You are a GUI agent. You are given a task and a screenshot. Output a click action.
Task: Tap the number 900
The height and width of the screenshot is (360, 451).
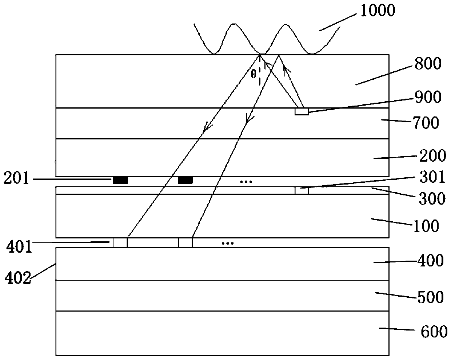(x=429, y=97)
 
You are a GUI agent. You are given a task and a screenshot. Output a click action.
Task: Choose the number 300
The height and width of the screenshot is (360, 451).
(x=432, y=198)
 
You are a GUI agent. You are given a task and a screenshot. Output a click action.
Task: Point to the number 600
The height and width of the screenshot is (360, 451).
(x=433, y=332)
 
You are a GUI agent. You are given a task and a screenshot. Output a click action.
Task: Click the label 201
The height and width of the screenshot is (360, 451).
(x=16, y=179)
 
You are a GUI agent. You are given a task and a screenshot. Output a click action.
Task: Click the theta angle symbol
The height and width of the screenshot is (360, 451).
(x=254, y=74)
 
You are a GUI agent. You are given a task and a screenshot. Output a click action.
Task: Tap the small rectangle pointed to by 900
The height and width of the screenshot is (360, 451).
(x=302, y=112)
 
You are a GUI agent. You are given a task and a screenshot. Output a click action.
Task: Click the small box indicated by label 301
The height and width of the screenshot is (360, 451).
(x=302, y=190)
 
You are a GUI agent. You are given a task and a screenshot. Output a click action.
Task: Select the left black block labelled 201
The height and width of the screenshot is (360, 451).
(x=120, y=180)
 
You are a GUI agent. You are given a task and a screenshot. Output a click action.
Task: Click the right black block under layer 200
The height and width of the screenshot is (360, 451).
(x=185, y=180)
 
